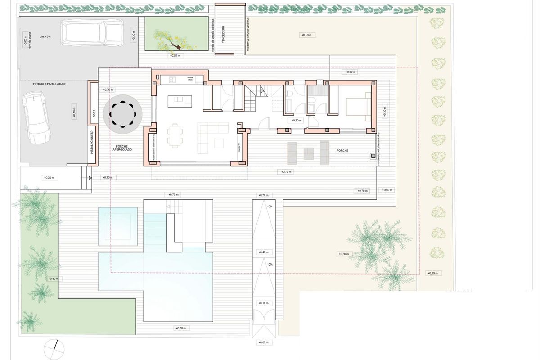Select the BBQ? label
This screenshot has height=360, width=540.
pos(93,114)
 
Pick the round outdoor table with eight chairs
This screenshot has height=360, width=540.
pos(123,113)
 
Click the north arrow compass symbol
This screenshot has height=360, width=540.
pos(54,347)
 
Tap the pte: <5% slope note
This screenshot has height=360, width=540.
pos(45,36)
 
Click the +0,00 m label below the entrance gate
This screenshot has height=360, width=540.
pos(263,342)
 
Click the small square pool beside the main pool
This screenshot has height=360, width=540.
pos(118,226)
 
